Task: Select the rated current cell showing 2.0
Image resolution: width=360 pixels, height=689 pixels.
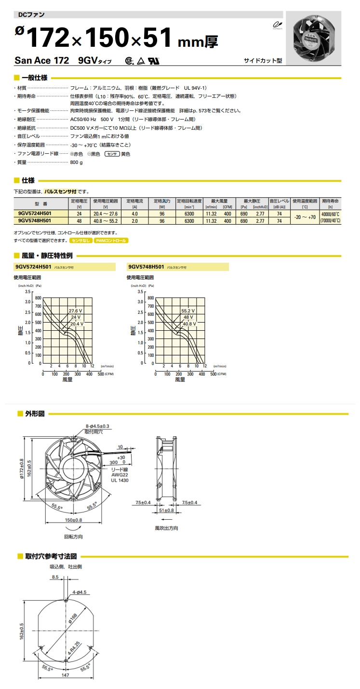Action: tap(134, 221)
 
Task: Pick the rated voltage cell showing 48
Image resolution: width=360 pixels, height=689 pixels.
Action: tap(79, 221)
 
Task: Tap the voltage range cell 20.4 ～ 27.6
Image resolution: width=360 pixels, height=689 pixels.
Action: tap(106, 213)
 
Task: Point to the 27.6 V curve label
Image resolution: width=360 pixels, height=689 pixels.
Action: tap(76, 311)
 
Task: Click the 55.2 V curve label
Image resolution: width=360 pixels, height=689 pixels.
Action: tap(188, 311)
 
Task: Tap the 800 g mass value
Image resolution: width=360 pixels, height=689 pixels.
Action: tap(76, 163)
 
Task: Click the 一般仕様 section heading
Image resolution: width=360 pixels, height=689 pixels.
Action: tap(34, 78)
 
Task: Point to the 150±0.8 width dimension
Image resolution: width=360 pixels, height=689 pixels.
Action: tap(73, 520)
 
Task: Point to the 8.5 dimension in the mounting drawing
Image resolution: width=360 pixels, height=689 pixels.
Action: tap(54, 576)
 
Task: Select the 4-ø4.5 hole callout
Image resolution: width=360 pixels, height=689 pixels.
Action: tap(80, 591)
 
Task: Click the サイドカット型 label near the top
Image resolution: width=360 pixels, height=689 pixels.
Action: tap(263, 61)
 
